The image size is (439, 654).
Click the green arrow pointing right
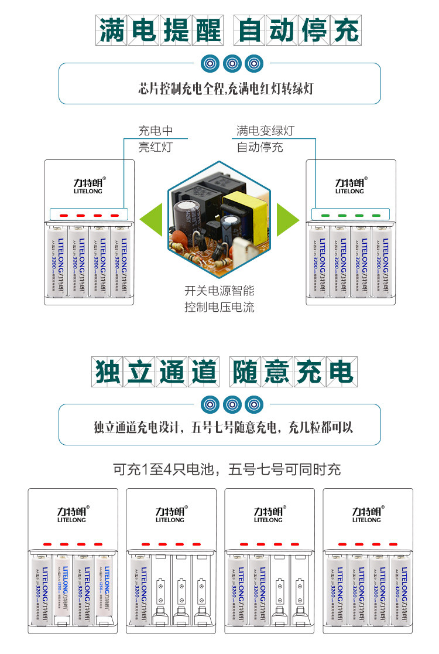click(287, 220)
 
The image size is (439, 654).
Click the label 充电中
click(155, 131)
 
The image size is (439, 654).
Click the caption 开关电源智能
click(220, 290)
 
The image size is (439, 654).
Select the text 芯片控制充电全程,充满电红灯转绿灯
click(220, 88)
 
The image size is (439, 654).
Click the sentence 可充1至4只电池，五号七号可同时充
click(227, 469)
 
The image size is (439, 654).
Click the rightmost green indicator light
click(376, 216)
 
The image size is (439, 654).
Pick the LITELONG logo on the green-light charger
click(349, 185)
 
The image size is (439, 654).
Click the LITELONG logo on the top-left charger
click(89, 185)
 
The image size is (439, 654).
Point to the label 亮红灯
click(155, 147)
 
